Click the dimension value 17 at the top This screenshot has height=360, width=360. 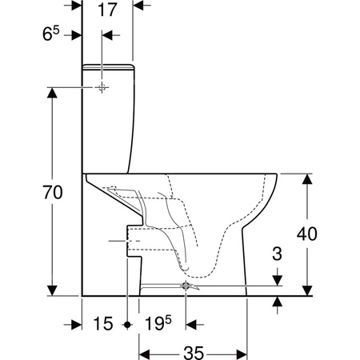point(107,10)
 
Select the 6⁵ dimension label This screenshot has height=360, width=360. point(51,34)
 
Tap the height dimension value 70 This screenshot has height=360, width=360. point(53,193)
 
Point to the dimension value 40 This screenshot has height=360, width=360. point(307,234)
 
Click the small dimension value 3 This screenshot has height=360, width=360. point(277,254)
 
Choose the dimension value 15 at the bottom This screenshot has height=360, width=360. point(103,324)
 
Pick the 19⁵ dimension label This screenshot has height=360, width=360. point(158,323)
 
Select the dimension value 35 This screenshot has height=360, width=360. point(194,353)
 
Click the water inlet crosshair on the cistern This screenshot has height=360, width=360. point(102,87)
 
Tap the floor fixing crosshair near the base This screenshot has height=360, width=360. point(186,286)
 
